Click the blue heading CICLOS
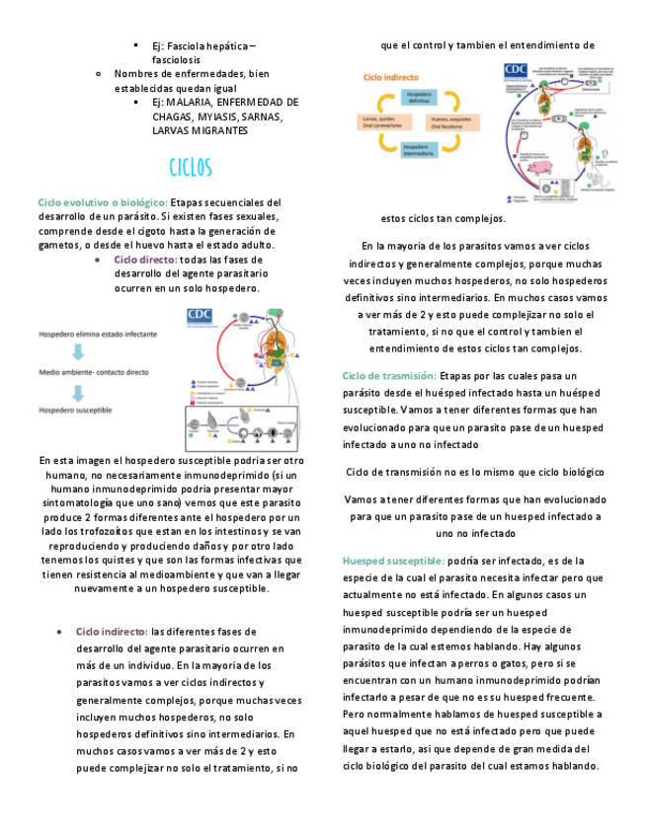191,167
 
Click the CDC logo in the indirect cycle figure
516,70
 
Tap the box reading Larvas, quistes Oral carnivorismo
380,122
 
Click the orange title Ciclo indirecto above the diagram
390,76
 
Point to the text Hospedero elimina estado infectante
97,335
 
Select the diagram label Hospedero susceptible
75,410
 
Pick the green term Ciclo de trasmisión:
389,376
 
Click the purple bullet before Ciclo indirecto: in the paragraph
61,631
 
